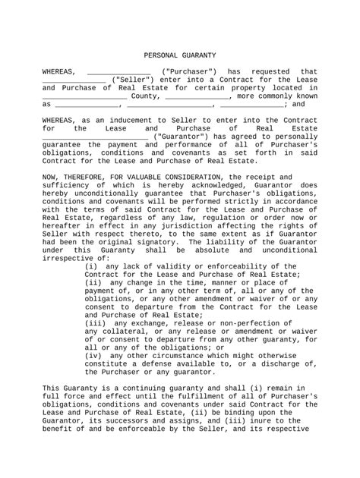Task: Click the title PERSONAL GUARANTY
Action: coord(180,55)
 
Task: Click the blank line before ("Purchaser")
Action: coord(118,71)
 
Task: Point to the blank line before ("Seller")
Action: coord(73,79)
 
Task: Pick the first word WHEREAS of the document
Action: coord(58,71)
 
